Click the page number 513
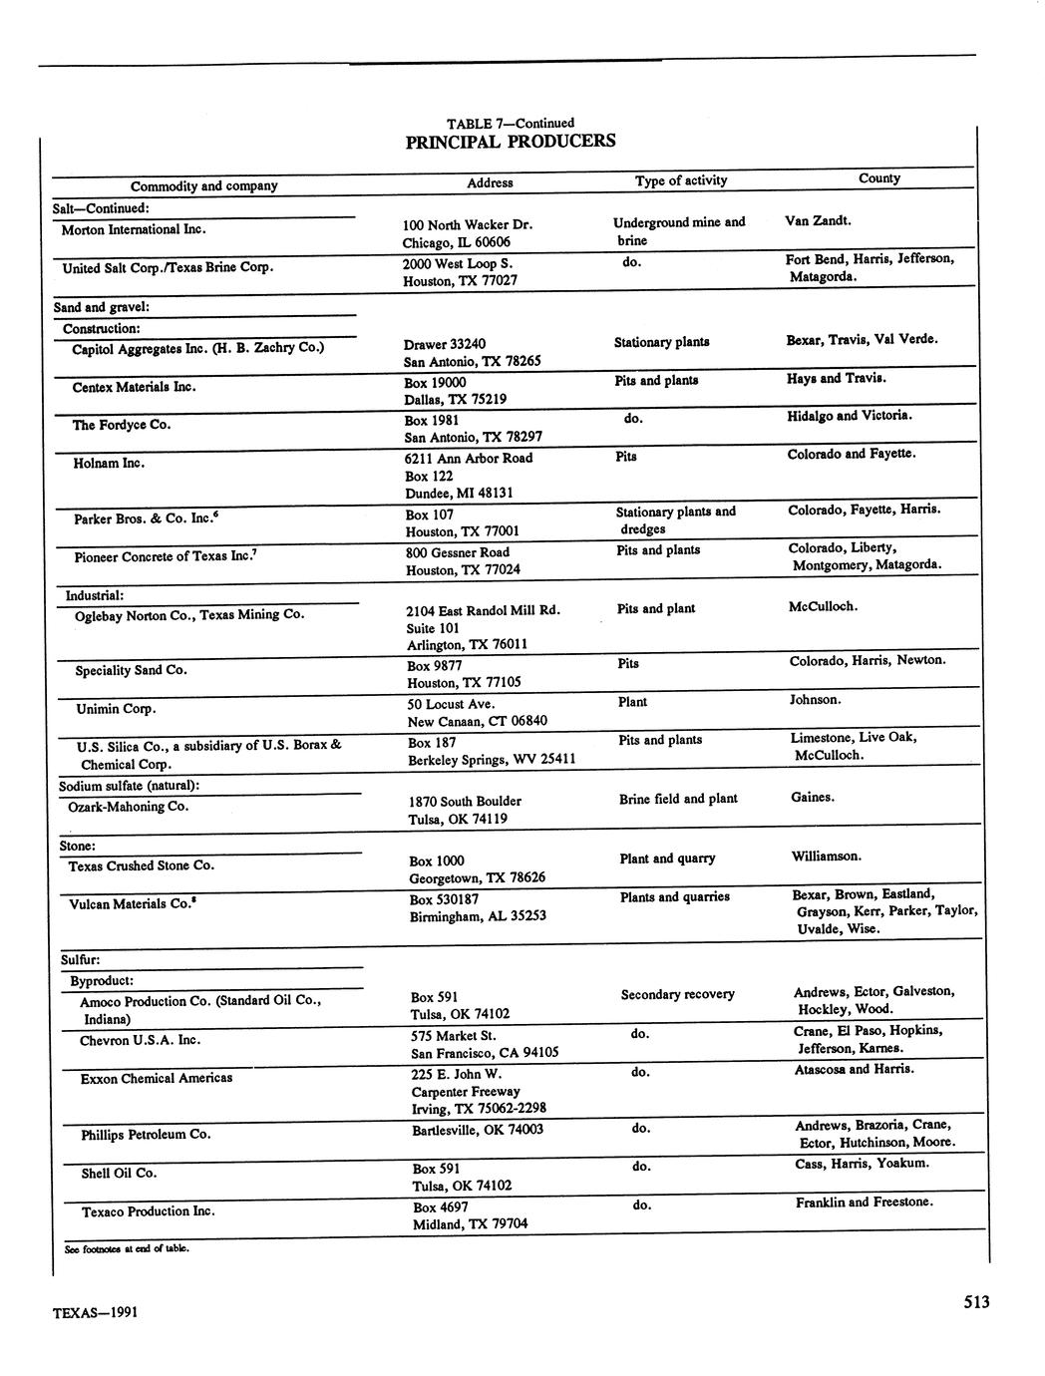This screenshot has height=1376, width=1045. (x=976, y=1301)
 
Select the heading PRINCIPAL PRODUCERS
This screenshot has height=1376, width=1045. (x=511, y=142)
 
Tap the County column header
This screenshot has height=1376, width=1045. (x=878, y=178)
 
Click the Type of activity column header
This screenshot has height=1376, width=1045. (x=681, y=181)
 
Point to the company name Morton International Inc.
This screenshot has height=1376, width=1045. (x=134, y=230)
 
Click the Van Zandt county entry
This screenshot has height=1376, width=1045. (x=818, y=220)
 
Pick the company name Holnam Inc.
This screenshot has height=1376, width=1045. (x=109, y=464)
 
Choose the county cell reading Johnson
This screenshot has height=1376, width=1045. (x=815, y=700)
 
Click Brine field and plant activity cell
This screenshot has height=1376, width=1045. (x=678, y=799)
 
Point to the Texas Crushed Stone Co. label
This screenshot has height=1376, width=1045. (x=141, y=866)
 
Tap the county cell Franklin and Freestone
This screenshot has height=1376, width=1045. (x=865, y=1203)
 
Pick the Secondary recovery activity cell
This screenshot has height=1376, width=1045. (x=677, y=995)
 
